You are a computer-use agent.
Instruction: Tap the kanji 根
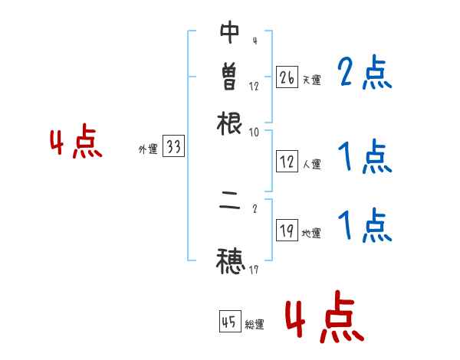pyautogui.click(x=230, y=123)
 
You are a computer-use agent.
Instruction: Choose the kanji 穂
pyautogui.click(x=230, y=260)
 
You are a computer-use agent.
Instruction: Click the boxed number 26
pyautogui.click(x=287, y=77)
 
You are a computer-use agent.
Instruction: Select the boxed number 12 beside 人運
pyautogui.click(x=287, y=162)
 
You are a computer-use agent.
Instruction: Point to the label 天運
pyautogui.click(x=311, y=79)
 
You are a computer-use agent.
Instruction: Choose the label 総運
pyautogui.click(x=255, y=325)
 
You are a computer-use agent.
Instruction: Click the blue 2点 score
pyautogui.click(x=365, y=73)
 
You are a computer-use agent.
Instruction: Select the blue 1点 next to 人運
pyautogui.click(x=365, y=158)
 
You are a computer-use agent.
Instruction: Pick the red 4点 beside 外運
pyautogui.click(x=76, y=144)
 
